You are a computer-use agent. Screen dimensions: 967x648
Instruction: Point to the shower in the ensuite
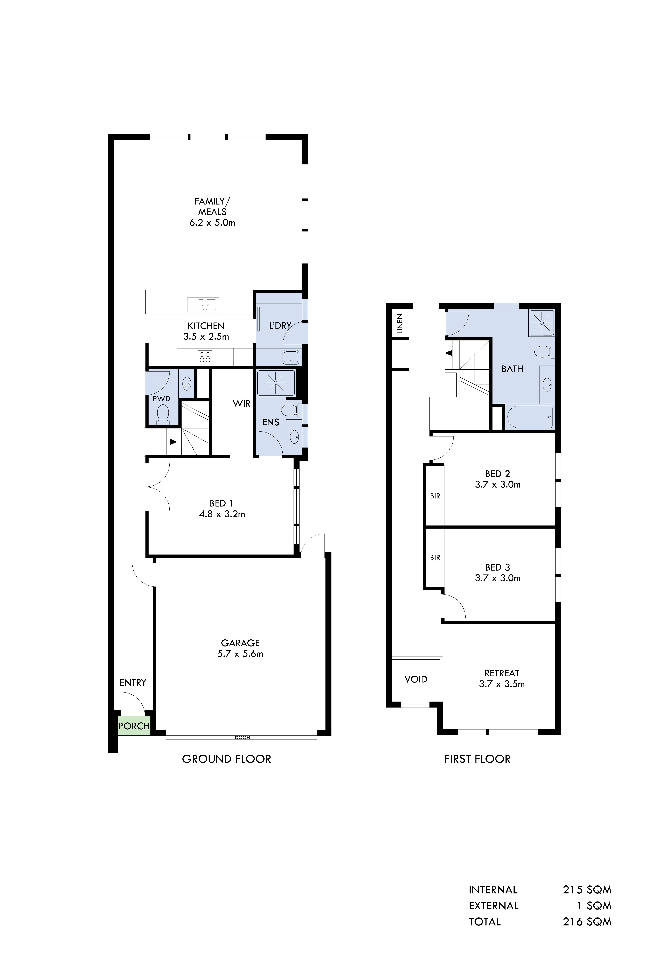point(276,383)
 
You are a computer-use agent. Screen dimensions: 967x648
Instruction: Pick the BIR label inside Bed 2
point(435,496)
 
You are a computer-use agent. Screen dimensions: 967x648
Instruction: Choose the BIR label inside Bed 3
point(435,558)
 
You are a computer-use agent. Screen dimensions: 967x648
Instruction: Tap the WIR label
point(241,403)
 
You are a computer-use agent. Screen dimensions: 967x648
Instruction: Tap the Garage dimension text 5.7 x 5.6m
point(240,654)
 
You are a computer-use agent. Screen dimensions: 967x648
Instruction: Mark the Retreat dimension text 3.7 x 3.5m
point(502,684)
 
